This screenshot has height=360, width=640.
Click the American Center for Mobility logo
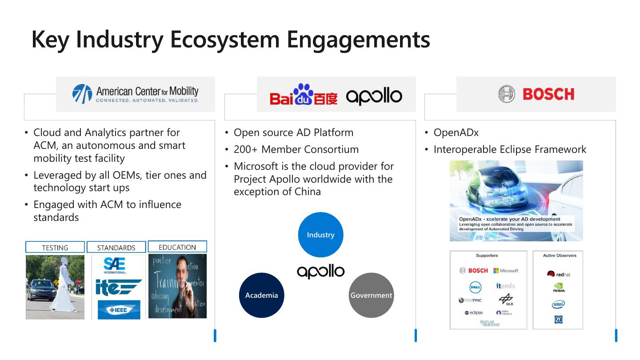click(x=135, y=94)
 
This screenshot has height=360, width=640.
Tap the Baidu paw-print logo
click(x=304, y=94)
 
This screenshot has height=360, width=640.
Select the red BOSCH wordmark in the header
click(x=548, y=94)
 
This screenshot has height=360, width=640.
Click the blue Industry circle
click(x=320, y=235)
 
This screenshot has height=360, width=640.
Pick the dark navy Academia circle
click(x=261, y=295)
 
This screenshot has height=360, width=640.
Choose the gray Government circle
click(x=371, y=295)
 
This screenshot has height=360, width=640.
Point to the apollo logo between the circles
click(x=320, y=271)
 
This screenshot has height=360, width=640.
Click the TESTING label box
click(x=55, y=248)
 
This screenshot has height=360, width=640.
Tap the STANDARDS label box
click(x=116, y=248)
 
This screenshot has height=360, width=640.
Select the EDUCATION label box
click(x=177, y=247)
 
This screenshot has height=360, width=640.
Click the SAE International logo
click(x=115, y=265)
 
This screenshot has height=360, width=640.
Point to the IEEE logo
click(x=118, y=309)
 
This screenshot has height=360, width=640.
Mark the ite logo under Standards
click(x=117, y=287)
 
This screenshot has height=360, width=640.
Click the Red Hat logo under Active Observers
click(x=559, y=274)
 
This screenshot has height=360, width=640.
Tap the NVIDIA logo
click(x=559, y=288)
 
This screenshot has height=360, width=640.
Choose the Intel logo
click(x=558, y=304)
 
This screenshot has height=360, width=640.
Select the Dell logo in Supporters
click(x=475, y=288)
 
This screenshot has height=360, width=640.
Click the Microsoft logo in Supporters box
click(x=505, y=271)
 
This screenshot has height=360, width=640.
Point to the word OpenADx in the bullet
click(x=456, y=132)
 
